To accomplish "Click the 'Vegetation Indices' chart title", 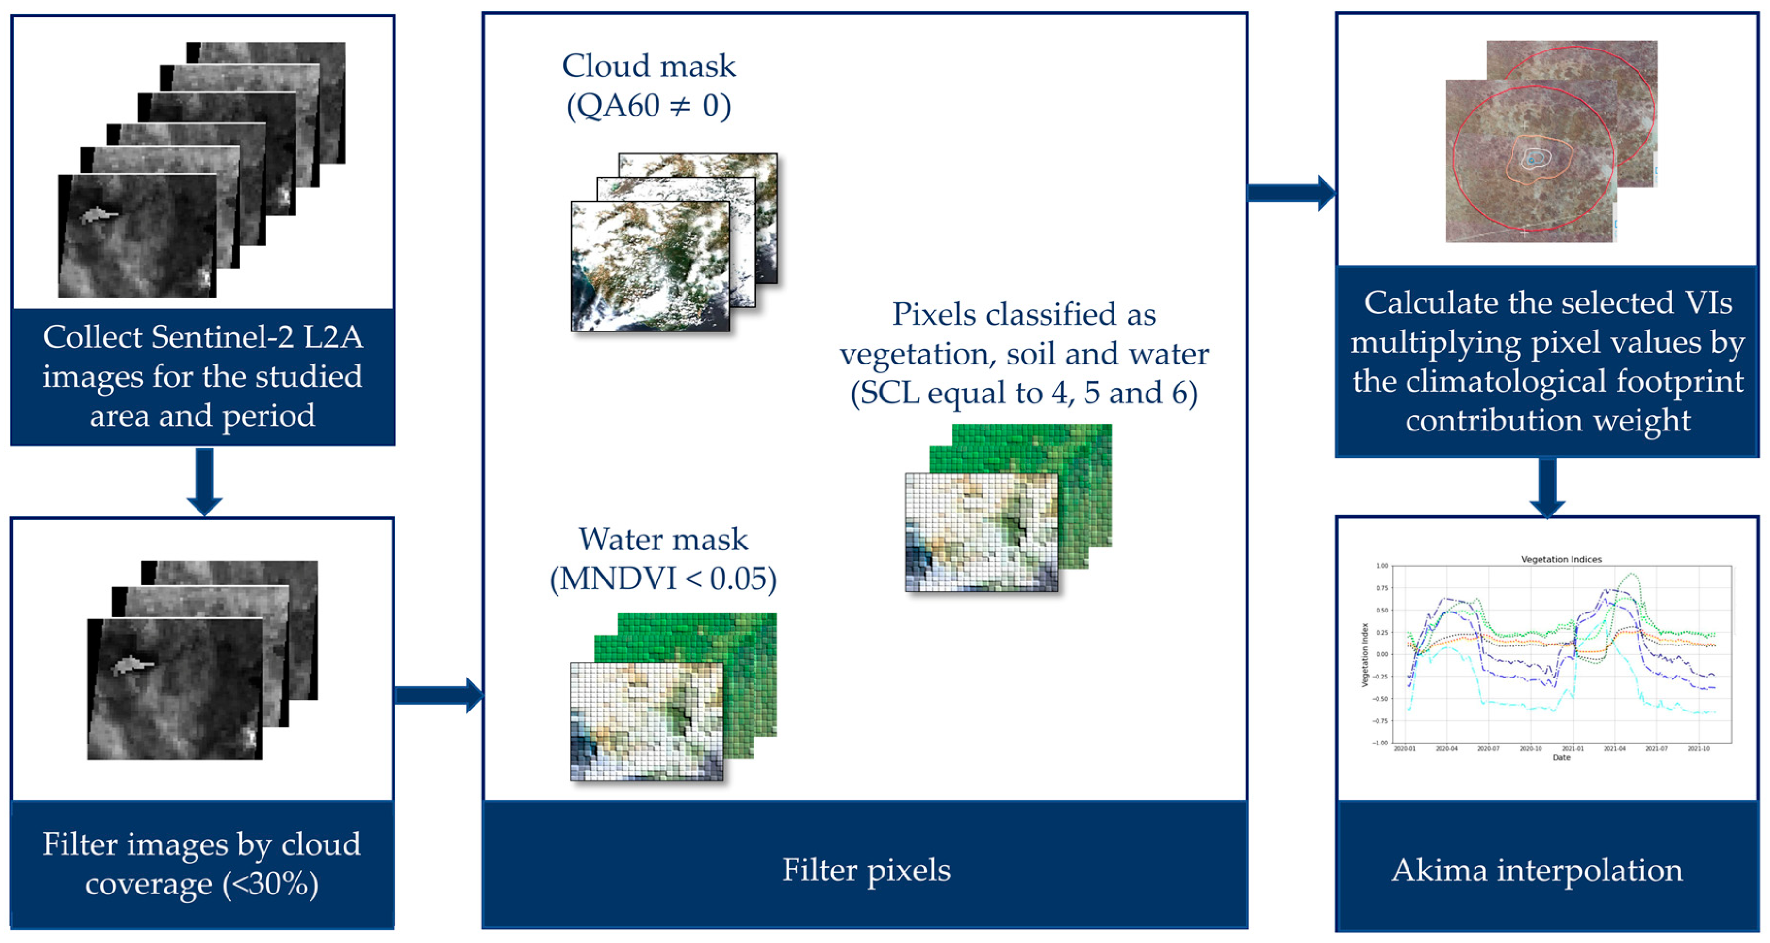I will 1560,560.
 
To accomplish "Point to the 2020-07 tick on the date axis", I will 1488,748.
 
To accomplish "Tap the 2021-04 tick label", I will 1614,748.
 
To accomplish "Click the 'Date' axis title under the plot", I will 1561,758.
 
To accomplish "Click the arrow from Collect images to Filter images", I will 204,481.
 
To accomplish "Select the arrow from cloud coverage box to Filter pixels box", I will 440,695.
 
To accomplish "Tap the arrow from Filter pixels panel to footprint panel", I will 1291,193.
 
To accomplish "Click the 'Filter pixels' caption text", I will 866,870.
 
